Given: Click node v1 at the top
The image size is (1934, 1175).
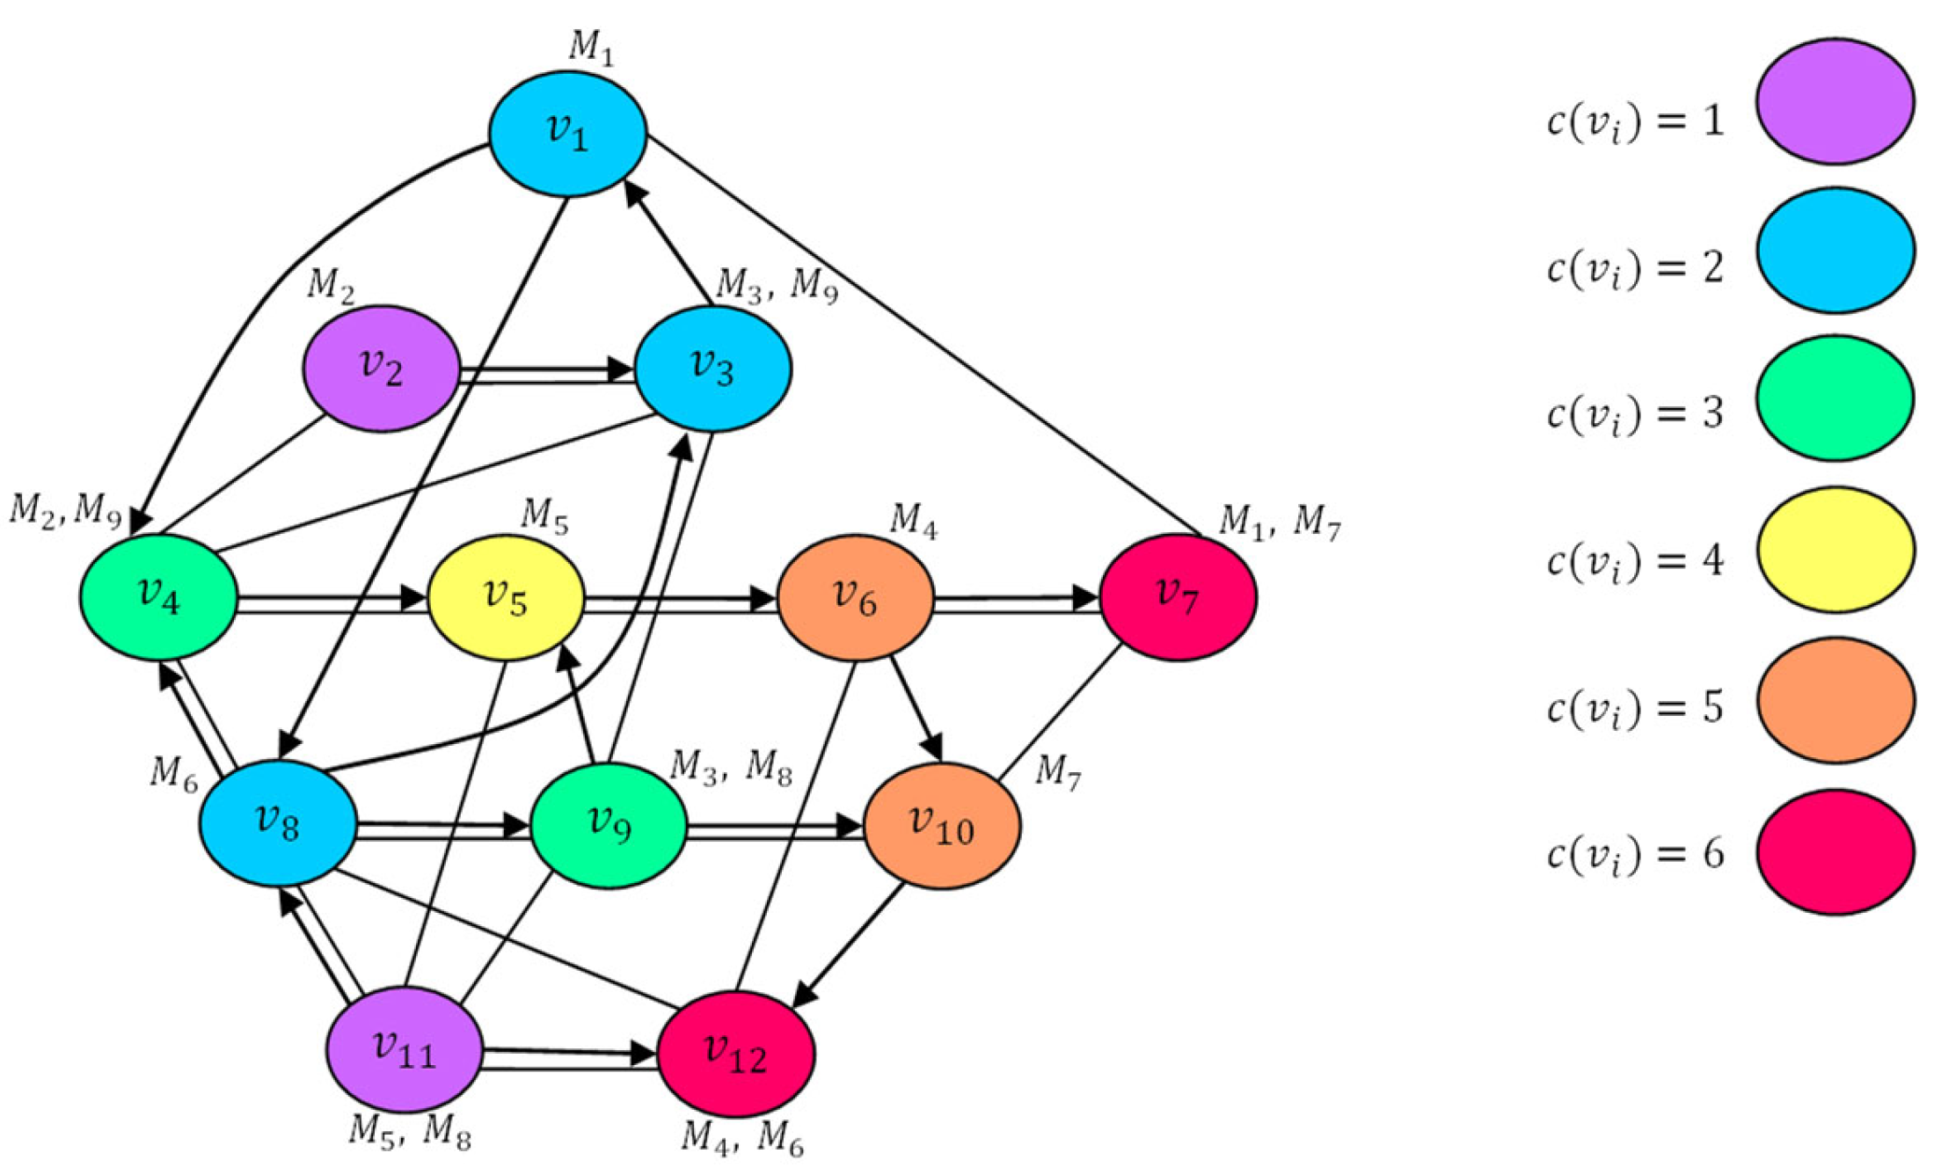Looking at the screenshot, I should (x=568, y=133).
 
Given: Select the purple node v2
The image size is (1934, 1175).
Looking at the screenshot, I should (x=382, y=369).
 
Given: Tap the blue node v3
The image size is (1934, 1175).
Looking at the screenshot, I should (x=713, y=369).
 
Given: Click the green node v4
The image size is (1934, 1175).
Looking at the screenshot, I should (x=159, y=597).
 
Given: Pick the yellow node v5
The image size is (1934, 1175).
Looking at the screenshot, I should (x=507, y=598).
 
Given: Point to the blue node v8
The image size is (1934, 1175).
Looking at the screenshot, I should (x=278, y=823).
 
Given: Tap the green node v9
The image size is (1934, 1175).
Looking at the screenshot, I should (x=609, y=825).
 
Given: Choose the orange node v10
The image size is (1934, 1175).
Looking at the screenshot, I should (x=942, y=826).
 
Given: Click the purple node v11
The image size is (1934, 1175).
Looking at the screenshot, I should (x=405, y=1049).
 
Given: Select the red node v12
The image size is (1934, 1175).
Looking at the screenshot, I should (x=736, y=1054).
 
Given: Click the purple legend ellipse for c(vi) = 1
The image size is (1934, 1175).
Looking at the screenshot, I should (x=1835, y=101).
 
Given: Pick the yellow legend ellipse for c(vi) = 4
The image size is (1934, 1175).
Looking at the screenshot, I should (x=1835, y=550).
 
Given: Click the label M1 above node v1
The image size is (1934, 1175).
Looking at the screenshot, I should (x=591, y=47).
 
